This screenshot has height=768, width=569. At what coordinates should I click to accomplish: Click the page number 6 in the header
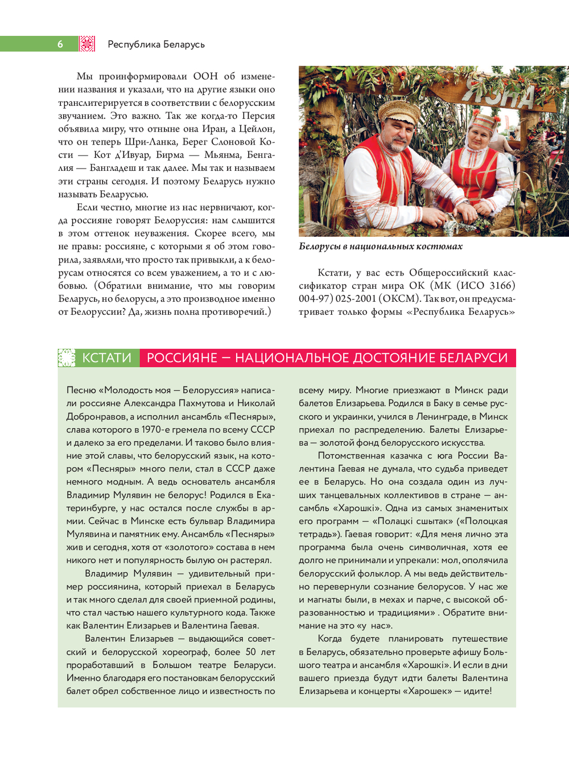pos(60,44)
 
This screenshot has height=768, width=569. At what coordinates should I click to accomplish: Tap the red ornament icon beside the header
pos(87,44)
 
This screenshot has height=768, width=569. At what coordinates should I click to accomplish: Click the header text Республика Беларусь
pos(156,44)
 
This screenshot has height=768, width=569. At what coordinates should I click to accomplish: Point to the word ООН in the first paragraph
pos(205,76)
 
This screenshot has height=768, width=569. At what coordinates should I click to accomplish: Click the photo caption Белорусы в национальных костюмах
pos(381,247)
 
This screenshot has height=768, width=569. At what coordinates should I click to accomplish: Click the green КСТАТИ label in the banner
pos(107,358)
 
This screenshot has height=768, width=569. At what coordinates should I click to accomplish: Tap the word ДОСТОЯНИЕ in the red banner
pos(391,358)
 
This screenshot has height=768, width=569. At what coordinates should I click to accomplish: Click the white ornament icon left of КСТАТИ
pos(67,358)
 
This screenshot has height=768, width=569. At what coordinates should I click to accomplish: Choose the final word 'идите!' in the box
pos(477,691)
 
